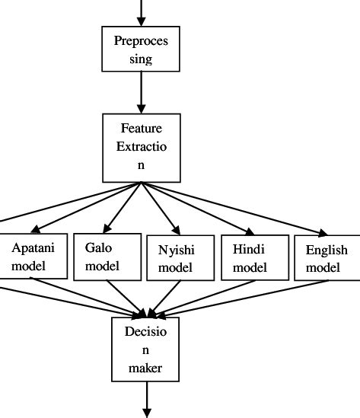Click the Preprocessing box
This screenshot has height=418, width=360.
(x=141, y=49)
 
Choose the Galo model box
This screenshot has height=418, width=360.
(x=107, y=257)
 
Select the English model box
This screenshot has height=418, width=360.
(x=327, y=258)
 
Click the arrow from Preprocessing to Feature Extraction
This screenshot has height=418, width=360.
(x=141, y=91)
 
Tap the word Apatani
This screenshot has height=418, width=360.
(x=32, y=248)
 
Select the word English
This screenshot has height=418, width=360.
(x=327, y=250)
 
